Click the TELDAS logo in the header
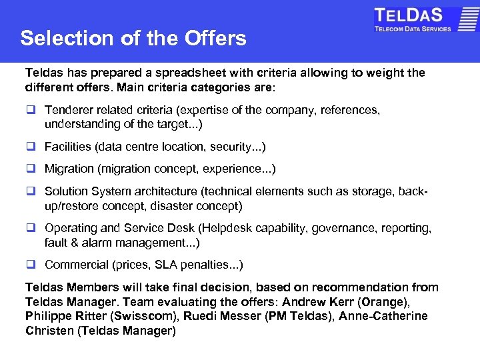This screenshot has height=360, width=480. [x=413, y=19]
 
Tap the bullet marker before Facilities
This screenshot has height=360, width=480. [x=31, y=147]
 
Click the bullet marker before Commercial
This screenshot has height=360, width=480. [x=31, y=265]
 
